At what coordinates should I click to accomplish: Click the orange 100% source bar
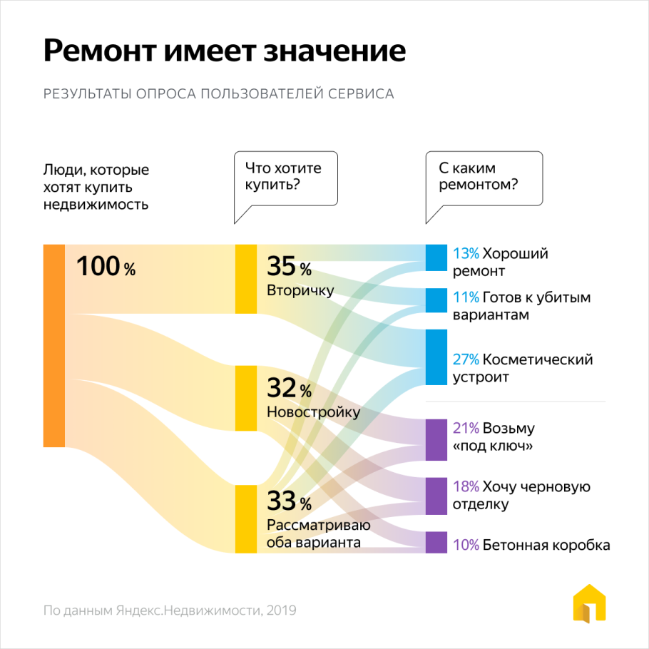(x=54, y=346)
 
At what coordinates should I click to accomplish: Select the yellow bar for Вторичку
(x=246, y=279)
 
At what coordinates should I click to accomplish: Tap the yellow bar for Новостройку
(x=246, y=398)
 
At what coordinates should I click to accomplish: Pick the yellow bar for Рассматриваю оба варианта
(x=246, y=518)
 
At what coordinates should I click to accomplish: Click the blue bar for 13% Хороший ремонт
(x=436, y=257)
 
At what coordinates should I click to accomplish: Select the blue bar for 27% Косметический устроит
(x=436, y=357)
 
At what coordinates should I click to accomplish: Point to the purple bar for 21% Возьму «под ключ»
(x=436, y=439)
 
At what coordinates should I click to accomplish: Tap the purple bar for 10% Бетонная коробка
(x=436, y=542)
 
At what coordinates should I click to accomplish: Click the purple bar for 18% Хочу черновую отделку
(x=436, y=496)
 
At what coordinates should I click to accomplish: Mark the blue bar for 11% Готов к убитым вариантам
(x=436, y=300)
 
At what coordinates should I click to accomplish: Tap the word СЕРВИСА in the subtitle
(x=361, y=93)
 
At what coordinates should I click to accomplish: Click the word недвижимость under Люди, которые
(x=96, y=205)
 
